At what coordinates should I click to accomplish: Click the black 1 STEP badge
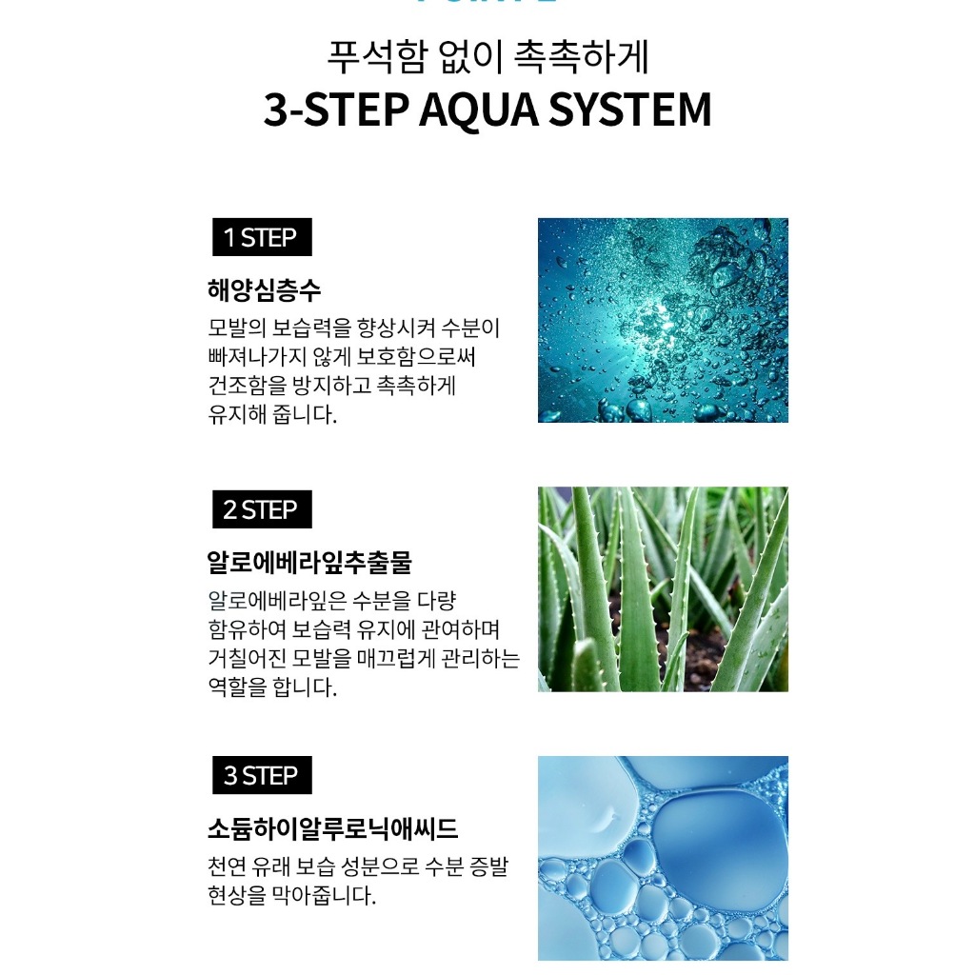coord(262,237)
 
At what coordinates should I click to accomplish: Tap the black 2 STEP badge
coord(262,509)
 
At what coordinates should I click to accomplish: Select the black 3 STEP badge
coord(262,775)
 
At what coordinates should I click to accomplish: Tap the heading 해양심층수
coord(264,290)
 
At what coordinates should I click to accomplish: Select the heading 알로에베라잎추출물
coord(309,562)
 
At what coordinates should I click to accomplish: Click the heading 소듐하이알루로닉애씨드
coord(332,828)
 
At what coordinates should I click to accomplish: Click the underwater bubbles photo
coord(663,320)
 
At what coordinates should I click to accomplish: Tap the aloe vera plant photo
coord(663,588)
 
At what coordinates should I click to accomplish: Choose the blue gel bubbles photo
coord(663,858)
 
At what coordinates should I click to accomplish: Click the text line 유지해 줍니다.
coord(271,414)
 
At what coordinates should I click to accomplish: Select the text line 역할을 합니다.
coord(271,687)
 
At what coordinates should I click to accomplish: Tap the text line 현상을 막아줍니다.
coord(291,895)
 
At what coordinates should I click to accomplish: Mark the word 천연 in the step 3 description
coord(227,866)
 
